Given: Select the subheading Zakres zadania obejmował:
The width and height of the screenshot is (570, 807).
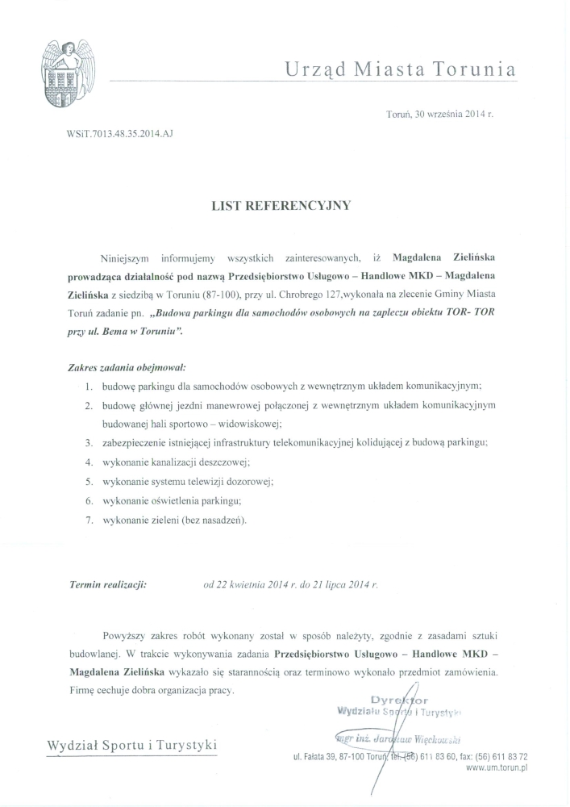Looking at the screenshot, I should coord(128,368).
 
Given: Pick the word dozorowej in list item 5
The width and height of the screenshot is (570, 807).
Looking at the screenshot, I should coord(249,482).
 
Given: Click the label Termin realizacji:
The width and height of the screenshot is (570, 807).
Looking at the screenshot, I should coord(109,583).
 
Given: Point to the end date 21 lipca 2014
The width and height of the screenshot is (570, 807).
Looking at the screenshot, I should coord(343,583).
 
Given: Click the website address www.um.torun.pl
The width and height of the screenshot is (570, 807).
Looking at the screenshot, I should coord(497,769).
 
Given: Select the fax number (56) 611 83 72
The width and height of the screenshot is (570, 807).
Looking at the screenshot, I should coord(500,757).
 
